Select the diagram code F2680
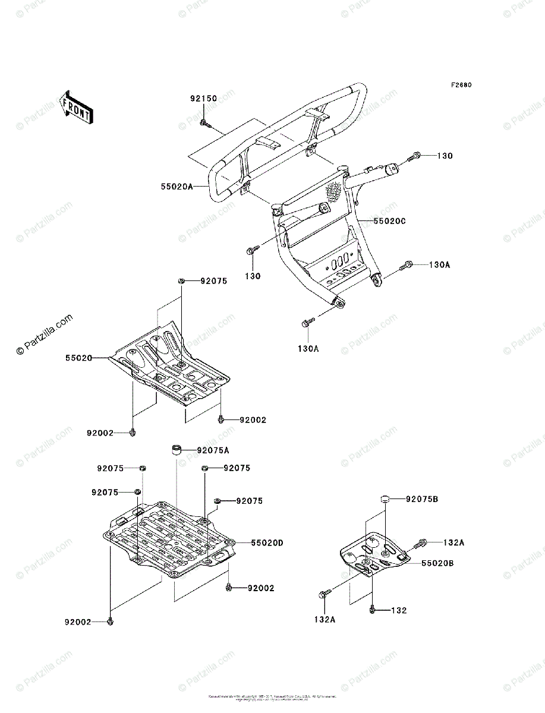tap(461, 85)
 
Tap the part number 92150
tap(203, 99)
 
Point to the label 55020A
tap(177, 186)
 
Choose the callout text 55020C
tap(389, 220)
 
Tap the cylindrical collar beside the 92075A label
tap(177, 450)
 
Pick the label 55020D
tap(267, 542)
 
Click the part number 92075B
tap(422, 499)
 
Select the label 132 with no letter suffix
tap(399, 610)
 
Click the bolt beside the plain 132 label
tap(372, 610)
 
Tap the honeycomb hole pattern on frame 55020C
tap(333, 191)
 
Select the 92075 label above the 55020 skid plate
tap(213, 282)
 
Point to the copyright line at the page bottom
tap(272, 697)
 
